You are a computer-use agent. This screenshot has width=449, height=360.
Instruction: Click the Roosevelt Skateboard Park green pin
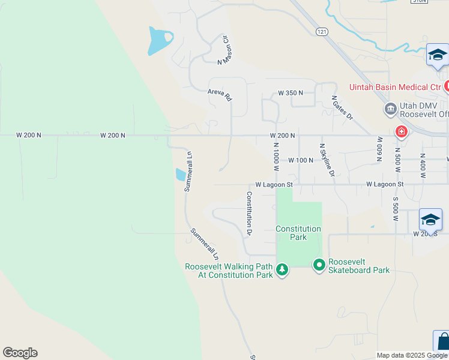[x=319, y=264]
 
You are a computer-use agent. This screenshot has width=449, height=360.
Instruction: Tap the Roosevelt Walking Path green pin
[x=282, y=271]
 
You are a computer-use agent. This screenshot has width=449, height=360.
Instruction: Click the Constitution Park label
[x=298, y=233]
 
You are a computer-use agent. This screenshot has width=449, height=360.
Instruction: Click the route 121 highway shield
[x=323, y=31]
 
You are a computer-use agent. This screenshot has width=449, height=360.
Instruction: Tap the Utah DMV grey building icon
[x=390, y=109]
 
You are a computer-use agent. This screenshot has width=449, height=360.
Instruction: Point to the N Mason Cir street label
[x=224, y=49]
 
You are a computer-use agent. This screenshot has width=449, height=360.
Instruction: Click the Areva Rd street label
[x=220, y=94]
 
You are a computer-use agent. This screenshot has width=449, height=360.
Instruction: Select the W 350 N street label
[x=291, y=93]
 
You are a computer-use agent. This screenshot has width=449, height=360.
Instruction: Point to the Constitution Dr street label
[x=249, y=209]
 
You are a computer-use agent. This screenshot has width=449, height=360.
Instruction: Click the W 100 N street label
[x=301, y=160]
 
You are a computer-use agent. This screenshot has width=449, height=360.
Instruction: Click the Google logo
[x=20, y=353]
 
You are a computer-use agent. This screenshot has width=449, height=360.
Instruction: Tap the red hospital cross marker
[x=400, y=131]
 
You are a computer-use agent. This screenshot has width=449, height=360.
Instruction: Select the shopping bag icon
[x=442, y=342]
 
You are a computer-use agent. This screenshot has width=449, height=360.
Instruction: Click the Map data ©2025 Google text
[x=412, y=355]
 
